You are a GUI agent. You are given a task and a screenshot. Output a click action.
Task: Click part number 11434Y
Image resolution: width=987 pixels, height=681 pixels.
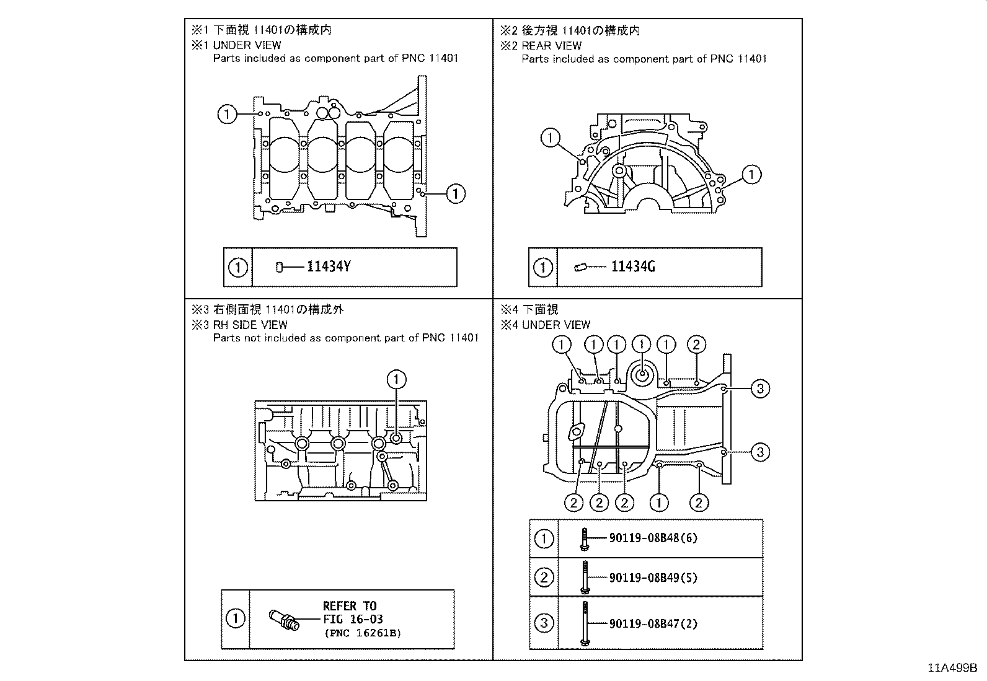tap(329, 267)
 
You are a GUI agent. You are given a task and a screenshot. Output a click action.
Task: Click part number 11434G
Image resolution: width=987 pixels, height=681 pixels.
tap(633, 267)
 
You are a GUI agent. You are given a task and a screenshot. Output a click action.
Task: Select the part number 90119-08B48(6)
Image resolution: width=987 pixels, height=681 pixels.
tap(653, 538)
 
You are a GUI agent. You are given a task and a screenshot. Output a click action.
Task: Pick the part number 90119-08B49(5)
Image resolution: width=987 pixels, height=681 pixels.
tap(653, 578)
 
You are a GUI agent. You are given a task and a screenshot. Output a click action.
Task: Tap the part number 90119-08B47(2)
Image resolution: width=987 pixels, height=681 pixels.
tap(653, 624)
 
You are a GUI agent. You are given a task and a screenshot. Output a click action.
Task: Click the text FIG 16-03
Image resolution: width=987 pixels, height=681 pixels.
tap(353, 619)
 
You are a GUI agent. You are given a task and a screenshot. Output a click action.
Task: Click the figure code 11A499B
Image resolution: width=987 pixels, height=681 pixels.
tap(952, 668)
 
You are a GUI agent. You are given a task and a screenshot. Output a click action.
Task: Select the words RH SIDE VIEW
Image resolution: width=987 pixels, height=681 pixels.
tap(250, 325)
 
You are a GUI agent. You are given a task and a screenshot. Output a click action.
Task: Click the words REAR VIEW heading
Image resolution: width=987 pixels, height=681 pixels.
tap(551, 45)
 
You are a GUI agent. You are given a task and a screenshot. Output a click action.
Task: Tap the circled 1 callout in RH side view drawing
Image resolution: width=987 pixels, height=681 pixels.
tap(396, 379)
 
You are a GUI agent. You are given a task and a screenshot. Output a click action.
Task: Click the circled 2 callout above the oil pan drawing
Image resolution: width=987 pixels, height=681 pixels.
tap(696, 345)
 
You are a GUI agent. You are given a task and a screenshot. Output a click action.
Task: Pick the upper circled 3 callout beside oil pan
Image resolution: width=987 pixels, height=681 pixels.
tap(760, 389)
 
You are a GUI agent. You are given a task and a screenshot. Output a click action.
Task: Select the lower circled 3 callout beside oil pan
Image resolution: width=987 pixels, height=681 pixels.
tap(760, 452)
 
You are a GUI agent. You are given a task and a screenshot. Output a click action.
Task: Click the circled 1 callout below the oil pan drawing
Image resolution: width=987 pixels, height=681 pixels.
tap(659, 502)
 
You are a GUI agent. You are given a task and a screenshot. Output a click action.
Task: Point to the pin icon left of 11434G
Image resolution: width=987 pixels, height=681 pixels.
tap(580, 267)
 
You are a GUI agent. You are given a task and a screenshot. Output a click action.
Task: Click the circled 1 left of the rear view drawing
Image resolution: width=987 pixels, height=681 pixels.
tap(550, 138)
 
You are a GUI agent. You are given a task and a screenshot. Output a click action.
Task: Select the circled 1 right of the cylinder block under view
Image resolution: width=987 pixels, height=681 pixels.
tap(455, 193)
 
